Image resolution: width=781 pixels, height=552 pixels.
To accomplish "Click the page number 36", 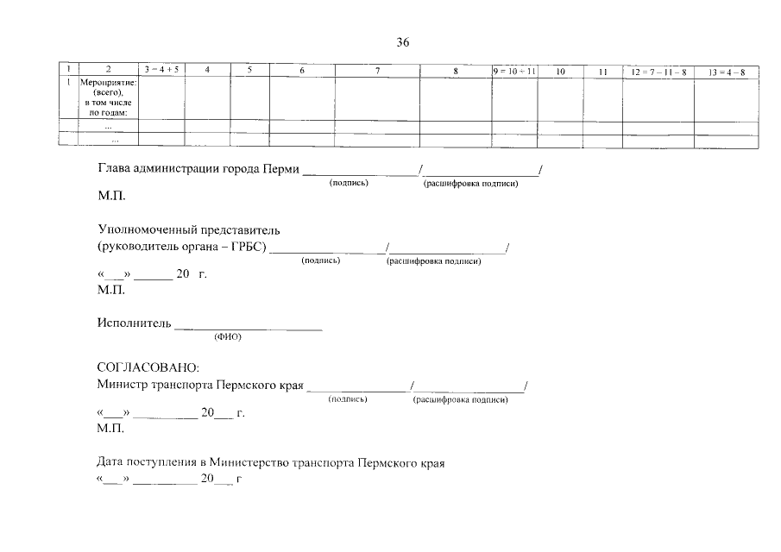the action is (x=402, y=42).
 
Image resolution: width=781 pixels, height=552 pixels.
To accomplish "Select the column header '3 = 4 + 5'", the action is (x=161, y=70).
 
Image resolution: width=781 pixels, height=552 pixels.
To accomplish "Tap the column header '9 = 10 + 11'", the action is (x=514, y=72).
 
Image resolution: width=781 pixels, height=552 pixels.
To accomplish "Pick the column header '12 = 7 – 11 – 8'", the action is (x=658, y=72).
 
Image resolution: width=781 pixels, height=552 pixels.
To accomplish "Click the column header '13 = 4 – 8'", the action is (x=727, y=72).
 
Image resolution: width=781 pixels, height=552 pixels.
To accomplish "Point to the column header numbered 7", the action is (x=377, y=71).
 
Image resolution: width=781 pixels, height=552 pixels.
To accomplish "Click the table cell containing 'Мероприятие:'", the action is (x=108, y=97).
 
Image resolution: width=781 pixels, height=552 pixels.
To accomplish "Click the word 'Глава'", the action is (x=110, y=167).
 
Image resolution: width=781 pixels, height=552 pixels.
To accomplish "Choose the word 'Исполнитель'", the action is (x=135, y=323).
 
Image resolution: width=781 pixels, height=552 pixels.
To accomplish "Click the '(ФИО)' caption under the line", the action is (x=228, y=337).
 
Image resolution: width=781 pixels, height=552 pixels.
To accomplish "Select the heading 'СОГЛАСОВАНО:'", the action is (x=148, y=367).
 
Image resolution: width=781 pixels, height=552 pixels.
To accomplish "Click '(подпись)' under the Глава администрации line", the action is (x=349, y=183).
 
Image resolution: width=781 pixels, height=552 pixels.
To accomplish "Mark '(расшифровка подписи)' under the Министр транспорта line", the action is (x=460, y=399).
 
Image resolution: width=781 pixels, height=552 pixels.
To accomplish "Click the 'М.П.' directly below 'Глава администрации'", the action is (x=111, y=196).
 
